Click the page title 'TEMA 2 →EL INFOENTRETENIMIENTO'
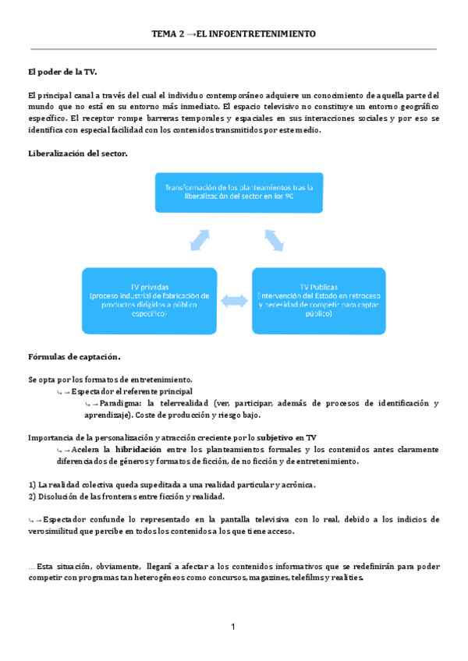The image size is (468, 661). [x=233, y=35]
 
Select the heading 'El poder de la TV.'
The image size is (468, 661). [x=62, y=72]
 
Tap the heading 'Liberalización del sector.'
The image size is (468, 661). [x=77, y=154]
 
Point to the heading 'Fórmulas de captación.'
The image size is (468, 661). [x=74, y=357]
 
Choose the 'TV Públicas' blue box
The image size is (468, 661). [x=317, y=299]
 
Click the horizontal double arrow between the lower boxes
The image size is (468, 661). [x=233, y=299]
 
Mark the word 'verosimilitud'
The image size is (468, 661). [x=56, y=531]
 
